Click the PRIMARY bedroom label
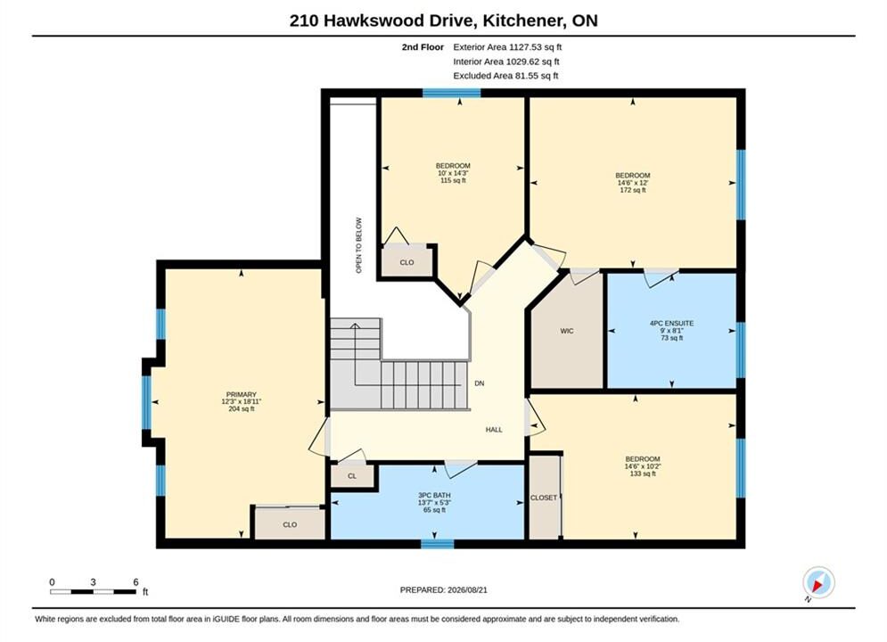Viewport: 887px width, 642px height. [x=242, y=394]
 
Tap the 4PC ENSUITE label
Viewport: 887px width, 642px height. [x=671, y=323]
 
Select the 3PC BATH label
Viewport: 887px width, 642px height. [x=434, y=495]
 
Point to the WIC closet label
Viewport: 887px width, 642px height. [x=567, y=331]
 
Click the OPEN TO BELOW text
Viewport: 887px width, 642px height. [x=358, y=245]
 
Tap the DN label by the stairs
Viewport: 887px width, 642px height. [x=479, y=383]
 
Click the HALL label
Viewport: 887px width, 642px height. [x=494, y=429]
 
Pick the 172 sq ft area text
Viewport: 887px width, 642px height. [x=632, y=190]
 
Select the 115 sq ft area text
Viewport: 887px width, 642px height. [x=453, y=180]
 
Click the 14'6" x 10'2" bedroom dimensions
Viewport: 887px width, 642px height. [x=643, y=466]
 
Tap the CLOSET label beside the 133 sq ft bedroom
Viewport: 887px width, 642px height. [x=544, y=498]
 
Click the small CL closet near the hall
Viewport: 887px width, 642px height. [x=352, y=475]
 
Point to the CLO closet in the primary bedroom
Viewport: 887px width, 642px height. [x=290, y=524]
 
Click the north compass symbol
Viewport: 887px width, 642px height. [x=818, y=582]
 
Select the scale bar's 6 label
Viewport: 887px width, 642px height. [x=136, y=582]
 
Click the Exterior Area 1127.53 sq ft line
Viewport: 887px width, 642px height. [x=507, y=47]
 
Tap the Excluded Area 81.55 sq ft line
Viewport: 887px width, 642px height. [x=505, y=75]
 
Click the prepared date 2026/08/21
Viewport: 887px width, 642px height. [x=467, y=589]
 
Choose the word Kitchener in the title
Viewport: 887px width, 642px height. [x=524, y=21]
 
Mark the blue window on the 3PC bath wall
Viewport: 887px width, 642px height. [x=438, y=544]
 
